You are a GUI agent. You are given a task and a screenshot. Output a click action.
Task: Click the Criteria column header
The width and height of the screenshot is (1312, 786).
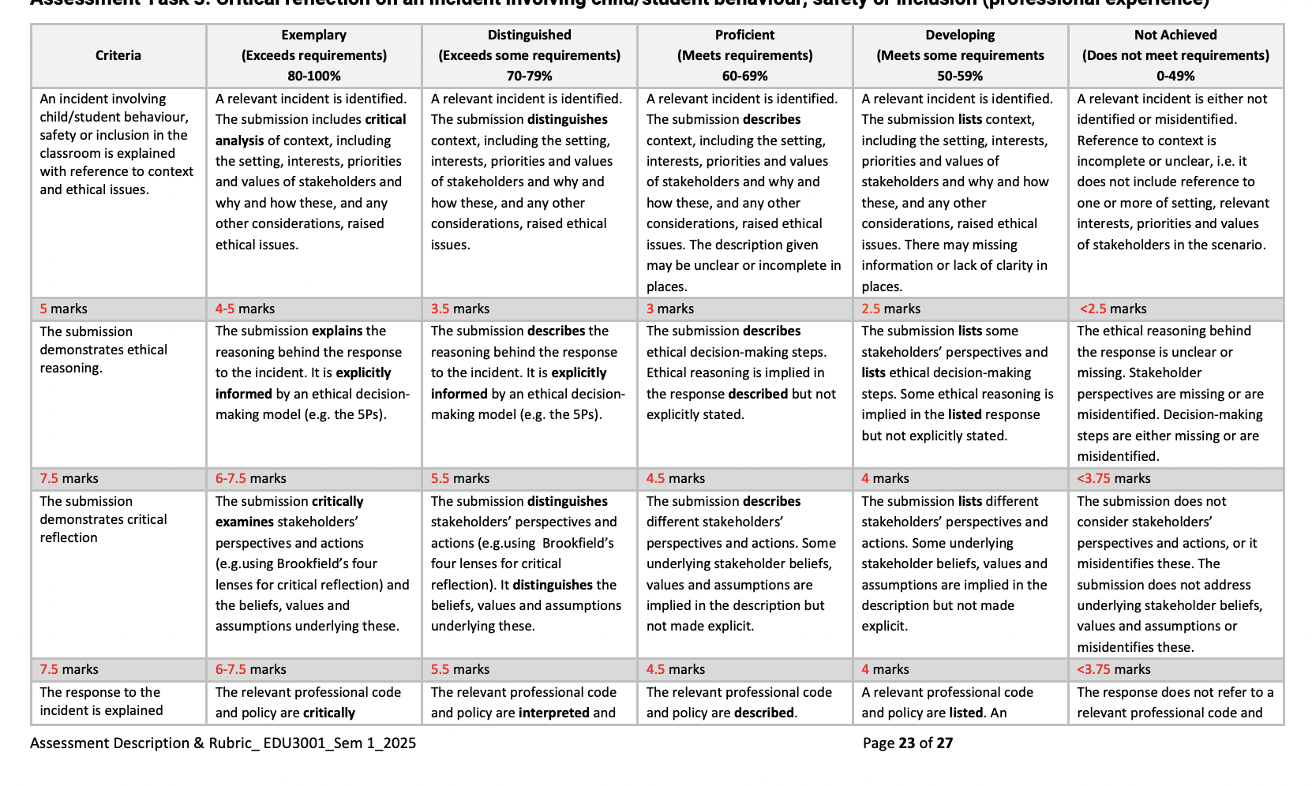[x=118, y=55]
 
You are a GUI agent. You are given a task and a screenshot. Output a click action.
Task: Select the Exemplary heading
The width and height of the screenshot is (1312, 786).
[x=313, y=35]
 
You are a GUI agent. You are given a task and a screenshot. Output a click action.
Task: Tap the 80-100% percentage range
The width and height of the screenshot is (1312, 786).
[x=313, y=76]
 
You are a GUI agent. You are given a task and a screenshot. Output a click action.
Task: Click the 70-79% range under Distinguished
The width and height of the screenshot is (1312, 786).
[x=529, y=76]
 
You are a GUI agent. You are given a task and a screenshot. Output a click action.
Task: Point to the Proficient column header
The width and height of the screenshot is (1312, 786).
[x=744, y=35]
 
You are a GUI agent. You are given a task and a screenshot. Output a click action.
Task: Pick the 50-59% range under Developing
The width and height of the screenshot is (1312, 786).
[x=960, y=76]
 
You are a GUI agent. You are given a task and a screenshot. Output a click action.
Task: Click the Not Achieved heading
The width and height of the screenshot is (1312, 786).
[x=1175, y=35]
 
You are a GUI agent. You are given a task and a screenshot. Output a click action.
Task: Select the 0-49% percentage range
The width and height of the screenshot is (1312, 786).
[x=1175, y=76]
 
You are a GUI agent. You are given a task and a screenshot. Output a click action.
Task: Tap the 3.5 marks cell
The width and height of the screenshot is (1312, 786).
[x=460, y=309]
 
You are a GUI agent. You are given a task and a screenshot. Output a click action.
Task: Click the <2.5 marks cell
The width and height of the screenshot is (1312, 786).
[x=1113, y=309]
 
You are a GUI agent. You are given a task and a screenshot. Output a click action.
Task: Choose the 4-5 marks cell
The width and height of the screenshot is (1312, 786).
[x=245, y=309]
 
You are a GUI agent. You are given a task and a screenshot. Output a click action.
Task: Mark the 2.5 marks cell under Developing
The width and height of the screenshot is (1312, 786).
[x=890, y=309]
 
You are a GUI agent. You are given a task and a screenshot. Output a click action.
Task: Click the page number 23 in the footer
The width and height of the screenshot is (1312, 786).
[x=906, y=743]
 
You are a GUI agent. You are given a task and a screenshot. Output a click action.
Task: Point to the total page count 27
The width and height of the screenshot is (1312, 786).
[x=945, y=743]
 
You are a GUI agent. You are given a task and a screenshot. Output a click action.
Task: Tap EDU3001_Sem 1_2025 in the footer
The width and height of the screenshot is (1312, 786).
[x=339, y=743]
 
